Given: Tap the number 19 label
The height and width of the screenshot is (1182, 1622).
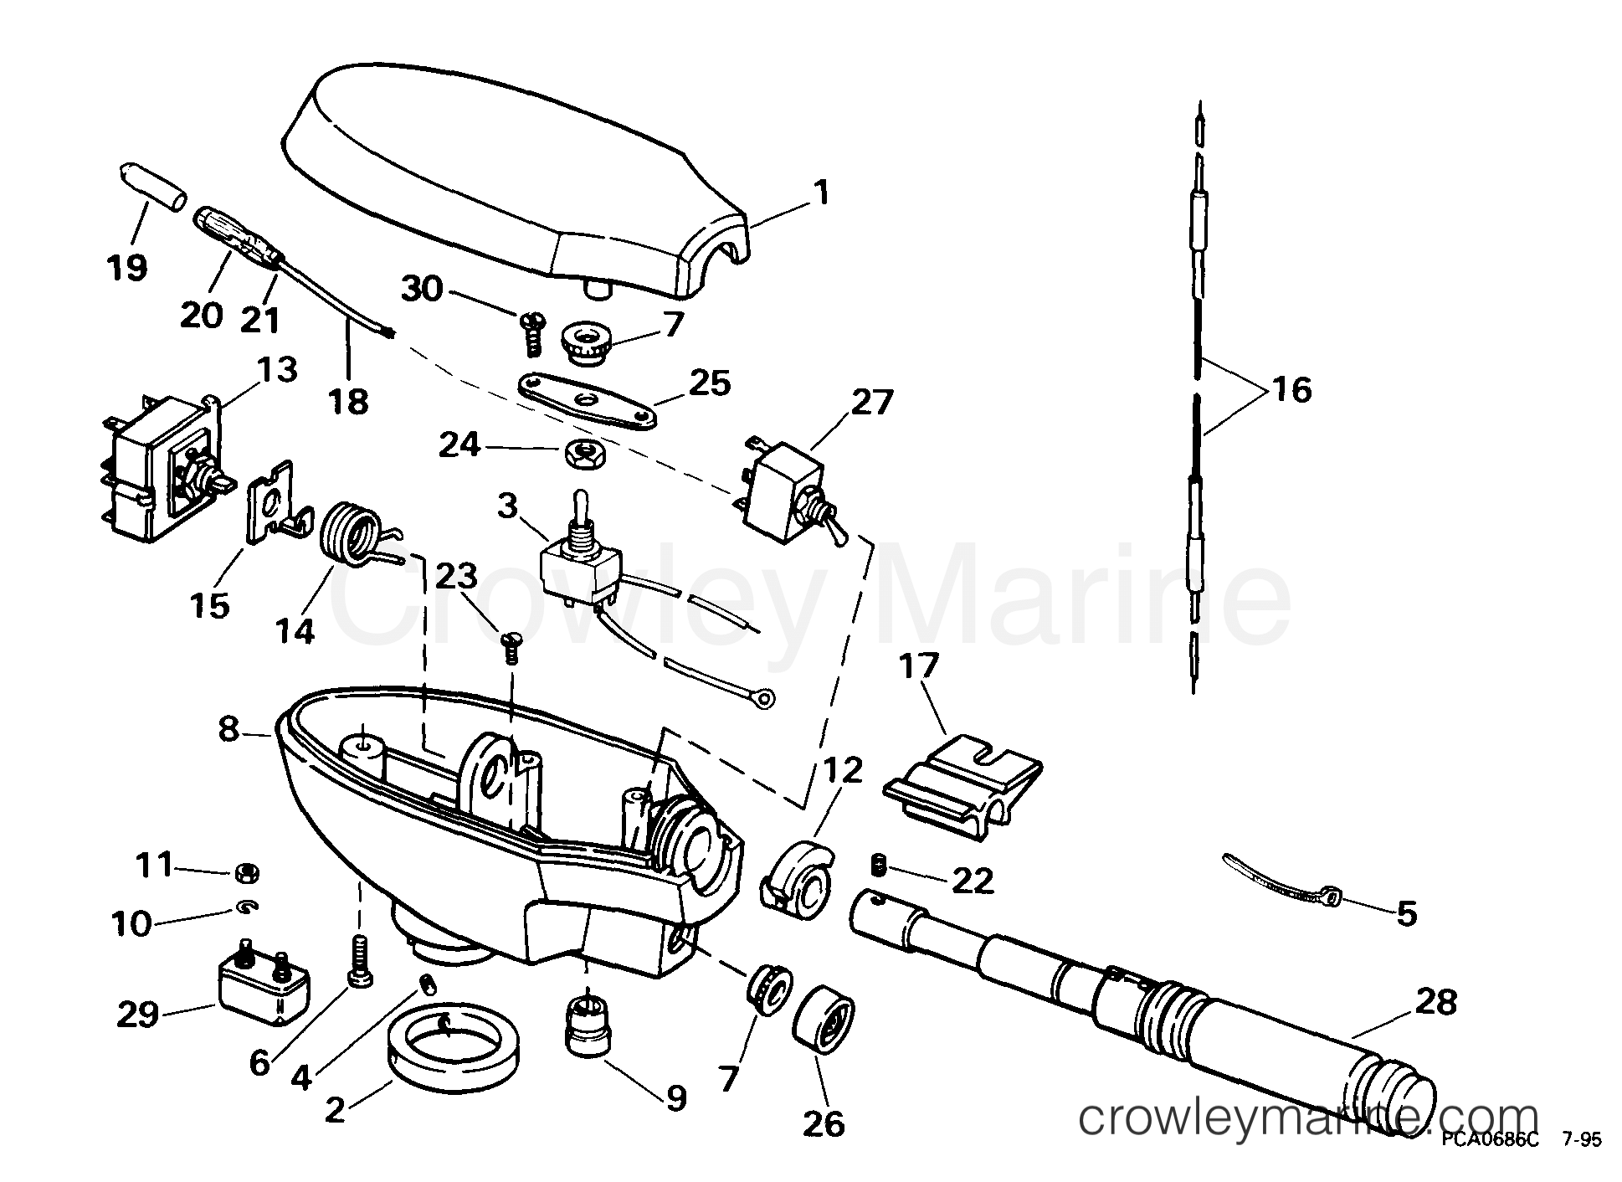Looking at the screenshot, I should [127, 268].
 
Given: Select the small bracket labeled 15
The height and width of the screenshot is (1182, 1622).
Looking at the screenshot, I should [272, 511].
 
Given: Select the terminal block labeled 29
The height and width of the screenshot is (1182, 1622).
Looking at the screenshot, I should [264, 992].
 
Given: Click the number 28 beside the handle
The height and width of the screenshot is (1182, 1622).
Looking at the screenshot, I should [1436, 1002].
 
